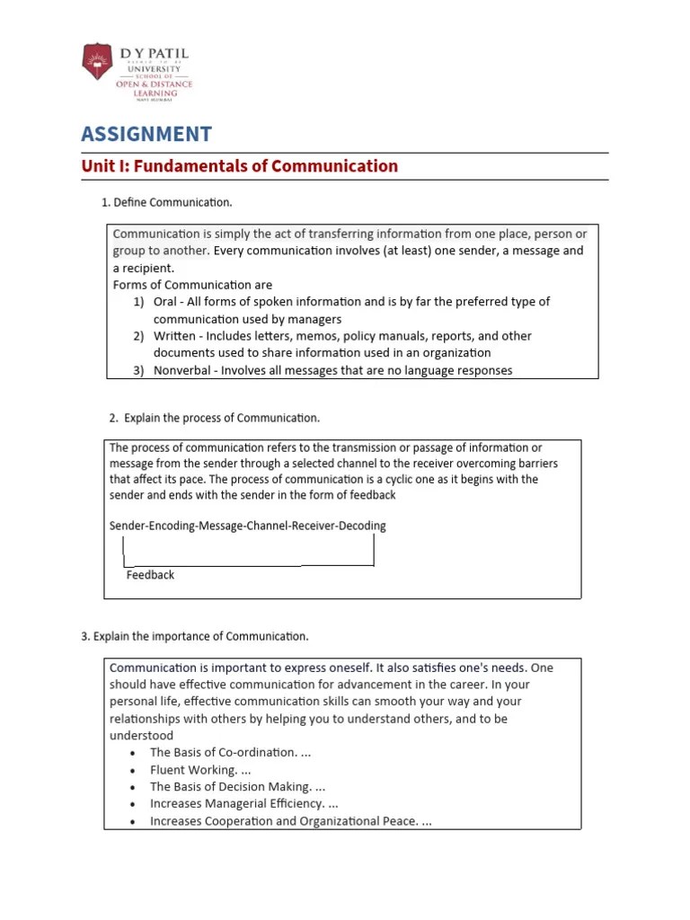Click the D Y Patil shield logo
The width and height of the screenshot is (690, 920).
click(x=97, y=62)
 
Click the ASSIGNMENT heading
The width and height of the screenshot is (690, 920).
click(x=146, y=135)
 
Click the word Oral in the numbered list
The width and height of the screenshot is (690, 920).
click(x=165, y=302)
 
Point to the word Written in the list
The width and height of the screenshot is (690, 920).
click(x=173, y=336)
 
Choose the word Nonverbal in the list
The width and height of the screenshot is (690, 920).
click(x=182, y=370)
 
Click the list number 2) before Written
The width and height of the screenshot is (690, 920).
click(x=139, y=336)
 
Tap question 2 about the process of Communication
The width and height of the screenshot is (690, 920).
click(x=214, y=418)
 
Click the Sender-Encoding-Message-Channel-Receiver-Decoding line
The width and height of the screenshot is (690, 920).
click(x=247, y=526)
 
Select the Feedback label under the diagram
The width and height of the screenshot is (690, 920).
click(x=150, y=575)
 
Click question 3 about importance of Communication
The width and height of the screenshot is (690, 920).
click(x=194, y=636)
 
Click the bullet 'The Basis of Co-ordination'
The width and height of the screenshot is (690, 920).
click(x=231, y=753)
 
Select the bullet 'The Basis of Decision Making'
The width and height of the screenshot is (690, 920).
click(x=237, y=787)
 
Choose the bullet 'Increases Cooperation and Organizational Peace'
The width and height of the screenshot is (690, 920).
click(x=290, y=821)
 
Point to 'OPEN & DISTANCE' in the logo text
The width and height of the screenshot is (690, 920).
click(x=154, y=84)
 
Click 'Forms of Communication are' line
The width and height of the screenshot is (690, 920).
click(x=192, y=285)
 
